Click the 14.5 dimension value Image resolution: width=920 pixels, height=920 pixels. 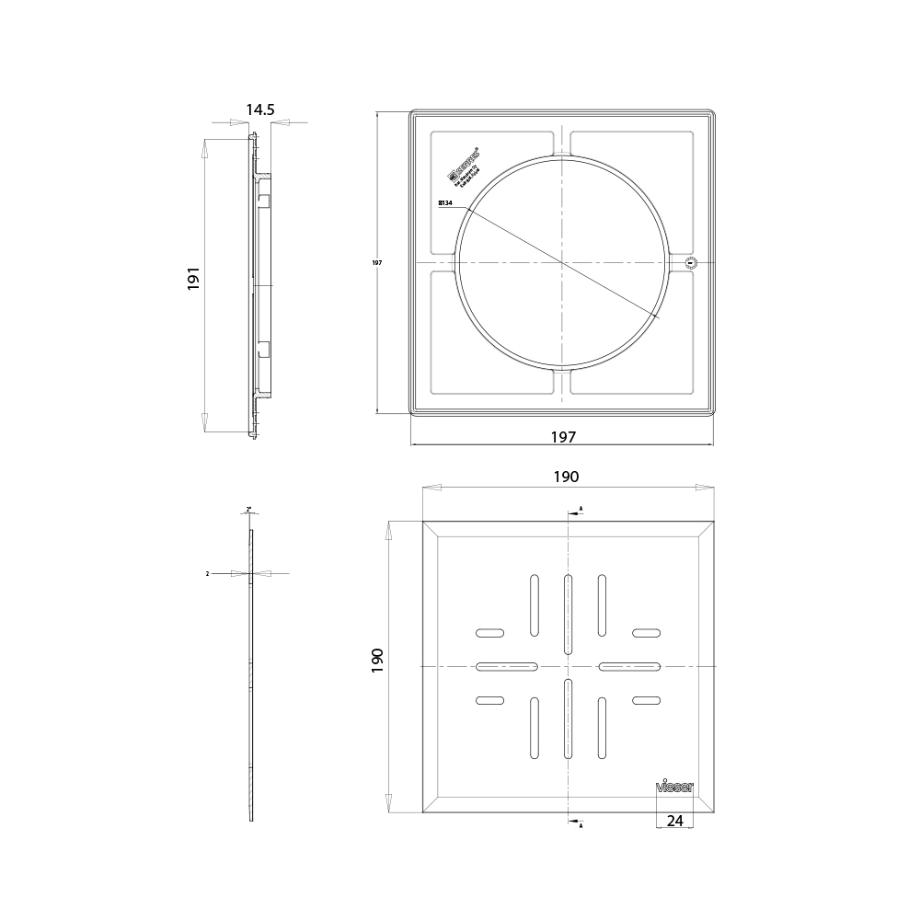tap(259, 109)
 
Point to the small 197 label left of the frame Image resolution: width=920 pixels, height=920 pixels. tap(376, 263)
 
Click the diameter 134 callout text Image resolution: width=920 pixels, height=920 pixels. tap(447, 204)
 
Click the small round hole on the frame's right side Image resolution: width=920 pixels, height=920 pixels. tap(692, 263)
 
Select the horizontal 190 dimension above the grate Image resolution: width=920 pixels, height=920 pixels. tap(565, 477)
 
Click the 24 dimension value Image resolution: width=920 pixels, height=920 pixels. tap(674, 821)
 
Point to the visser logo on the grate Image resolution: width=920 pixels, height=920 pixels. tap(674, 787)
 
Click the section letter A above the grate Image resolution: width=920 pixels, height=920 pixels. tap(581, 509)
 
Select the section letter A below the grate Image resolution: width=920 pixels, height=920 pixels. tap(581, 825)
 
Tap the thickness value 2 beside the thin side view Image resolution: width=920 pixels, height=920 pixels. tap(209, 573)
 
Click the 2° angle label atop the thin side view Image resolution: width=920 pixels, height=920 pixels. tap(248, 509)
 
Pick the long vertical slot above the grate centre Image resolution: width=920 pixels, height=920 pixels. tap(568, 613)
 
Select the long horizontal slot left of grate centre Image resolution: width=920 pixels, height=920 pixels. tap(507, 666)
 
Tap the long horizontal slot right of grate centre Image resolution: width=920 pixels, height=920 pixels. tap(629, 666)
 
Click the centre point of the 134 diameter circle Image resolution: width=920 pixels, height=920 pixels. tap(561, 263)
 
